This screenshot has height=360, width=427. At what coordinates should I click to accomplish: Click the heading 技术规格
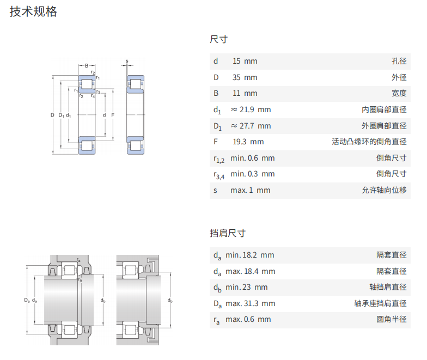point(33,12)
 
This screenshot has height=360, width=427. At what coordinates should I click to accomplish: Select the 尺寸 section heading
point(218,39)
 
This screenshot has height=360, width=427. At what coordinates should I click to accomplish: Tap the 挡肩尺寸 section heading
point(228,233)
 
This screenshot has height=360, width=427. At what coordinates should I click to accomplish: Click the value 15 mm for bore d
point(245,61)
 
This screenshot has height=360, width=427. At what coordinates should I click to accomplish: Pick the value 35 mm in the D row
point(245,77)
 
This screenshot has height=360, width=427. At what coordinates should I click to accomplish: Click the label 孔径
point(399,61)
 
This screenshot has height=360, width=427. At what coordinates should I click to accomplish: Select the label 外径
point(399,77)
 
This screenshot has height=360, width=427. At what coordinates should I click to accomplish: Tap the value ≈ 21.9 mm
point(251,109)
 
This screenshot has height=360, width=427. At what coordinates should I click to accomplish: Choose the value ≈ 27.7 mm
point(251,126)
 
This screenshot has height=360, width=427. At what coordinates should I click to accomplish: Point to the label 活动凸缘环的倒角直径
point(369,142)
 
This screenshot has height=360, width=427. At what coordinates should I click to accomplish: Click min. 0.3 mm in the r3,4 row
point(252,174)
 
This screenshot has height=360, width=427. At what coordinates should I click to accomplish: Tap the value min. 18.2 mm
point(250,255)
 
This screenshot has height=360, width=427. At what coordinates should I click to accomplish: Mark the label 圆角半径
point(392,319)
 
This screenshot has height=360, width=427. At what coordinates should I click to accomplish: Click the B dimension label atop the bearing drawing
point(86,66)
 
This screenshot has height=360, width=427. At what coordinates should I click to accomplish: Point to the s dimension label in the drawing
point(126,60)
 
